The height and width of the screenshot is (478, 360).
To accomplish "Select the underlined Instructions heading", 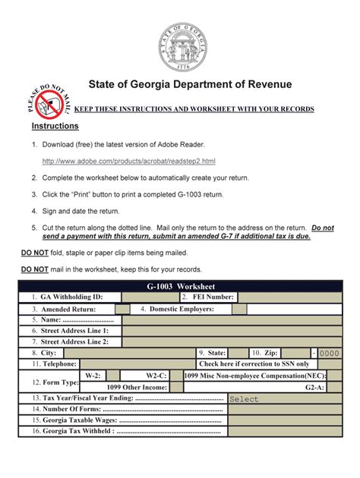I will coord(55,125).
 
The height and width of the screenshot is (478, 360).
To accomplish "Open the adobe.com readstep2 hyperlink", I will coord(129,161).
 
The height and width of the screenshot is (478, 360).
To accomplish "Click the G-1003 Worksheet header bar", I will coord(180,285).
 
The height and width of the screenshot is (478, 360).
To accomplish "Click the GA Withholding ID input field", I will coord(149,297).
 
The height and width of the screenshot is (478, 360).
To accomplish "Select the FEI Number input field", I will coord(285,297).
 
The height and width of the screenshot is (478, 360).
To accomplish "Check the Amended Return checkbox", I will coord(122,310).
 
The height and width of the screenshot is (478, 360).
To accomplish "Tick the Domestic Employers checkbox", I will coord(238,310).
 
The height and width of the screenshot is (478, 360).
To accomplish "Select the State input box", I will coord(238,353).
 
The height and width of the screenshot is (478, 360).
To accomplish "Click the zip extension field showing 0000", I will coord(330,353).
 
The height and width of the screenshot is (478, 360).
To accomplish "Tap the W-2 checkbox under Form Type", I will coord(115,376).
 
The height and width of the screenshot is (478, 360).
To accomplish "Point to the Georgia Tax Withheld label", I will coord(73,432).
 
